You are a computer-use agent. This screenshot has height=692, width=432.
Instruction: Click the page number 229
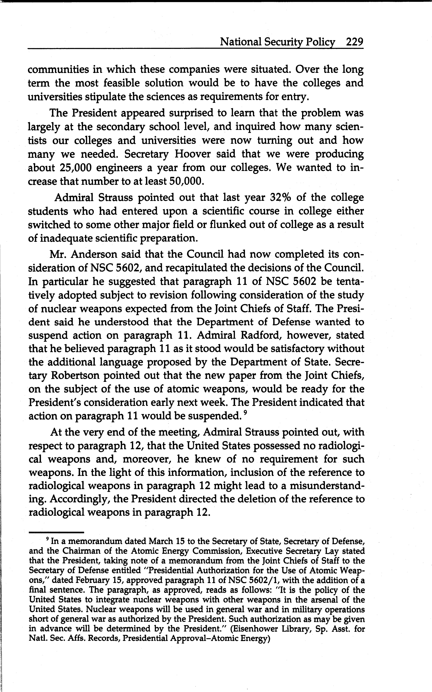point(354,42)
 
